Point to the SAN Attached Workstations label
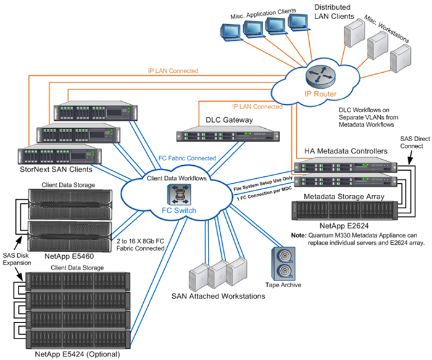tap(218, 297)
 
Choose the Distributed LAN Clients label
tap(333, 12)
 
